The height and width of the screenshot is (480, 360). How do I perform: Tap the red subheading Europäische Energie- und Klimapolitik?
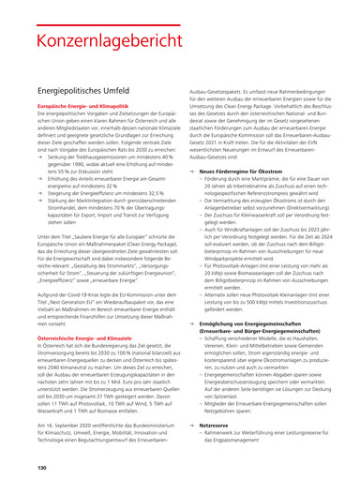[x=84, y=125]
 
